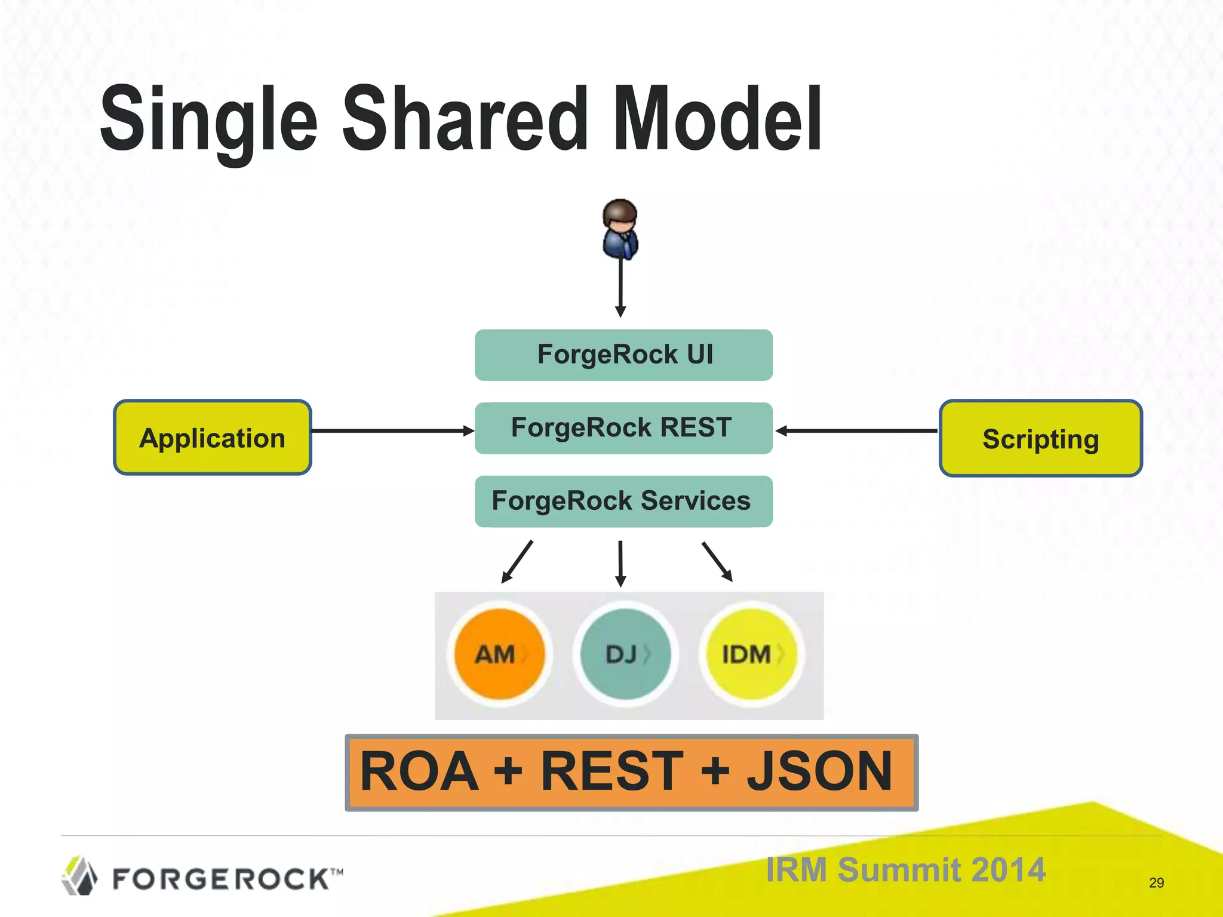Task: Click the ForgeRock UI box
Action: [x=623, y=355]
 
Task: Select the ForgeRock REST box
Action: [x=623, y=428]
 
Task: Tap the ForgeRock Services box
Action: [x=623, y=501]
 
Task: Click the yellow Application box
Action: [x=212, y=438]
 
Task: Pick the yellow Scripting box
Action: [x=1040, y=439]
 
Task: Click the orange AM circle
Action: [x=499, y=654]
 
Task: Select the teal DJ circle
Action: [x=625, y=654]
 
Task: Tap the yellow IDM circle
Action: [x=751, y=654]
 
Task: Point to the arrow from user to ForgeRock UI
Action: [x=620, y=287]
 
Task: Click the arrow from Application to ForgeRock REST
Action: [x=391, y=430]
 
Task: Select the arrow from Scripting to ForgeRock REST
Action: [x=857, y=430]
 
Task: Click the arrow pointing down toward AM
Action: [x=517, y=561]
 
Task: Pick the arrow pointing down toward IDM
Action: [x=717, y=561]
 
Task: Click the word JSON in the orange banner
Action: [x=819, y=771]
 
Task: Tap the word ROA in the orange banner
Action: [x=419, y=771]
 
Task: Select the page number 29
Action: [x=1156, y=883]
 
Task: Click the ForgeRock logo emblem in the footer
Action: [x=79, y=876]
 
